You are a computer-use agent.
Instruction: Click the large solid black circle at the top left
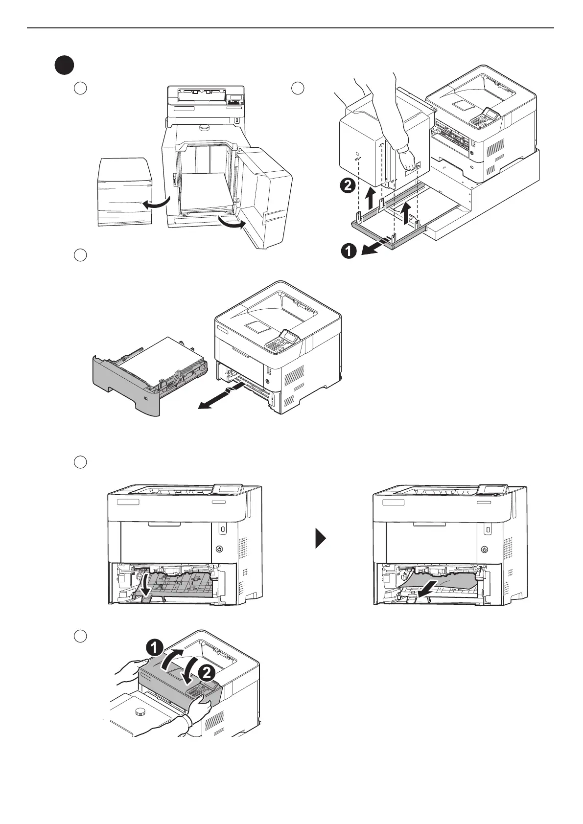(x=64, y=66)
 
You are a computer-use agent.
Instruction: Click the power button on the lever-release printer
(x=219, y=549)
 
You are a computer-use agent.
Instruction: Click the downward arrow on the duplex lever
(x=145, y=585)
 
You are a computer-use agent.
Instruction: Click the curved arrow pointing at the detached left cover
(x=156, y=204)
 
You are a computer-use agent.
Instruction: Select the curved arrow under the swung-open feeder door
(x=232, y=224)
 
